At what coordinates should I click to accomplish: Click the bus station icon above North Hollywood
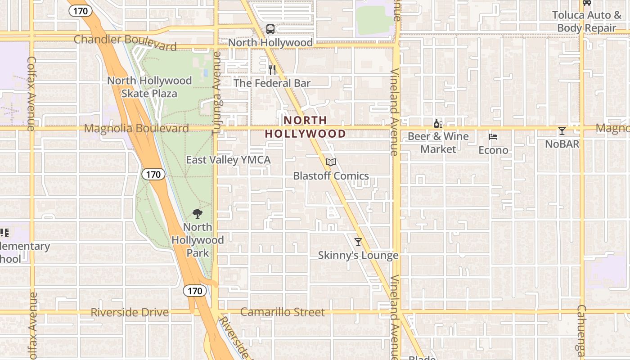(270, 29)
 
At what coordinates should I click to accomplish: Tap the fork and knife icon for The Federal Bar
(272, 69)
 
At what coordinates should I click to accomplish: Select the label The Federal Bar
(272, 83)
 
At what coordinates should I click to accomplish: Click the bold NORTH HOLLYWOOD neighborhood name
(305, 127)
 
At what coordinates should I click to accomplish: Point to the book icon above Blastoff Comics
(331, 162)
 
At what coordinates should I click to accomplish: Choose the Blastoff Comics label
(331, 176)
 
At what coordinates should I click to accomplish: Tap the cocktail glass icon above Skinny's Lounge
(358, 242)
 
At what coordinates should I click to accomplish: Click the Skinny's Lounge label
(358, 256)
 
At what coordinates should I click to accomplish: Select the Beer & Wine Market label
(438, 143)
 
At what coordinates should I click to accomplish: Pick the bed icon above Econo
(493, 137)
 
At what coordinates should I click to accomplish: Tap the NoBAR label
(562, 144)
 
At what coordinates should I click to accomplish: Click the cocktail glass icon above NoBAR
(562, 131)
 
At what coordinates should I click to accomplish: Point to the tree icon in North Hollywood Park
(197, 213)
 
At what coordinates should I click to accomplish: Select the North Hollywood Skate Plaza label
(149, 87)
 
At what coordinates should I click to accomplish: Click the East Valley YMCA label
(228, 160)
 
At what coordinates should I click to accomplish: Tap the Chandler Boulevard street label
(125, 42)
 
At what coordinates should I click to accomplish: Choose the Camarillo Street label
(282, 312)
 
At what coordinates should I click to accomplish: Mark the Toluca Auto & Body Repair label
(586, 22)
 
